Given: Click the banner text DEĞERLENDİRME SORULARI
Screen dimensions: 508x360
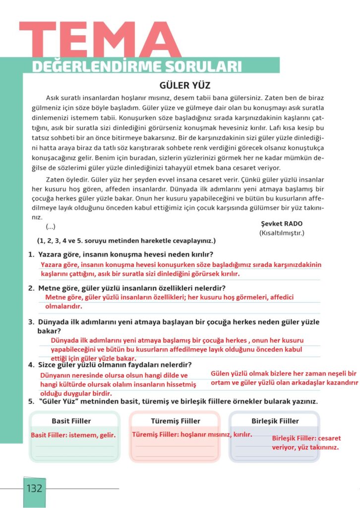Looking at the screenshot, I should coord(137,66).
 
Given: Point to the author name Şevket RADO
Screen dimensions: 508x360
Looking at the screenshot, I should coord(281,224).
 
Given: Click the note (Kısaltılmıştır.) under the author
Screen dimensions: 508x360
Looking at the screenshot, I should coord(281,233).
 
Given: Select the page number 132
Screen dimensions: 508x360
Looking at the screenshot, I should coord(35,488).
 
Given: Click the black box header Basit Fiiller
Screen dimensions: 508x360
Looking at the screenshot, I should coord(71,421).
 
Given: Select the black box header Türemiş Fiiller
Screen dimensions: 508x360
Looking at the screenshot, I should coord(174,421).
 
